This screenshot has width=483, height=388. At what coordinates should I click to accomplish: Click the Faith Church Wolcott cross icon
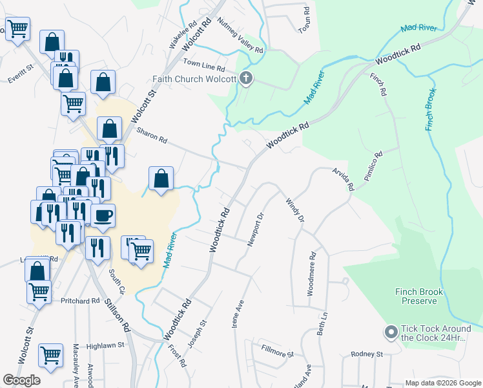245,80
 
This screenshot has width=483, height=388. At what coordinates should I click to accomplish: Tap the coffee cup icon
103,215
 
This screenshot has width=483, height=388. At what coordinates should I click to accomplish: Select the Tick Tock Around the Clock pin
391,332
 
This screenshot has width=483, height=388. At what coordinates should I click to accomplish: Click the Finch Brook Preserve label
419,297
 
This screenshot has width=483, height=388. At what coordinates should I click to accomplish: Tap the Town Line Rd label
203,66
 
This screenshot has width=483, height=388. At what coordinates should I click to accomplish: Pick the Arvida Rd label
343,178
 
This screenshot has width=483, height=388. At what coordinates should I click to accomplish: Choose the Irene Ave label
237,313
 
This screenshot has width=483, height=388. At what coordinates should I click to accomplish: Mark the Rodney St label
367,354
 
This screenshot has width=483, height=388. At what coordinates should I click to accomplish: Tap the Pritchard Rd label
80,301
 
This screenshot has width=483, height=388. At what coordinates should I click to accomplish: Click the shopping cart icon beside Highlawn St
50,354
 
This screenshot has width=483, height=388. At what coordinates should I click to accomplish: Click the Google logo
21,380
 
